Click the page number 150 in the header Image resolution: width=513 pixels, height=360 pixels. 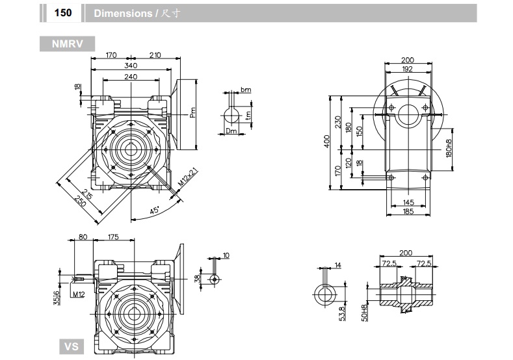[62, 13]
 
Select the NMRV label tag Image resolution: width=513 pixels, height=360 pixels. [67, 44]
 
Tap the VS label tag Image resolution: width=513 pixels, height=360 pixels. [71, 346]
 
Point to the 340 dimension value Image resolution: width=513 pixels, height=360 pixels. [131, 66]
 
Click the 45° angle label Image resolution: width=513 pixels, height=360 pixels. [153, 211]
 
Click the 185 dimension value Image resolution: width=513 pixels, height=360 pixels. [408, 212]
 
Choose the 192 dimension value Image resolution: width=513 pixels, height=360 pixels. [407, 68]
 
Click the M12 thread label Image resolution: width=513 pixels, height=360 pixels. [79, 294]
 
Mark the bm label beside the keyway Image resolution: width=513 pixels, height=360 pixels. [245, 90]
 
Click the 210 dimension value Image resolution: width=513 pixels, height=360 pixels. [155, 56]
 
